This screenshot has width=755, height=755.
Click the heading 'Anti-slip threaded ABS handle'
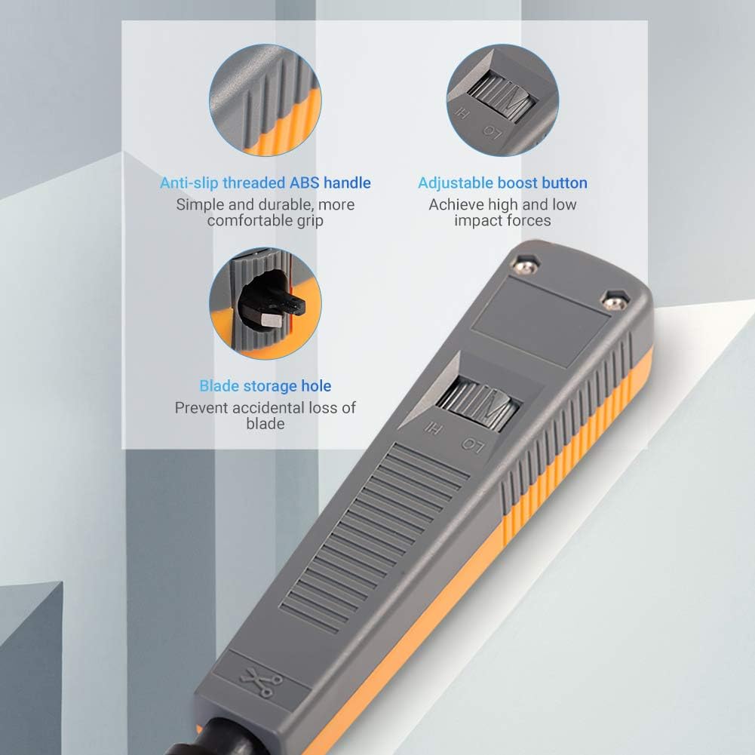click(x=265, y=183)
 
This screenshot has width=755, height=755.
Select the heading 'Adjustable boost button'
click(x=502, y=183)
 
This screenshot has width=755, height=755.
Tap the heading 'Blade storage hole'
click(x=265, y=386)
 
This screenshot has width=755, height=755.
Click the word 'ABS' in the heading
click(x=304, y=183)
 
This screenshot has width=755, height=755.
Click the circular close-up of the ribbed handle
click(x=265, y=100)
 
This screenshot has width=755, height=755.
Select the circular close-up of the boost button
click(x=502, y=100)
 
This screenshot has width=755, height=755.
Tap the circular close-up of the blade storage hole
click(x=265, y=303)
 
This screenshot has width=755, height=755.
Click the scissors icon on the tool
click(x=260, y=681)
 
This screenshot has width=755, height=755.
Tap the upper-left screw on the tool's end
click(x=526, y=265)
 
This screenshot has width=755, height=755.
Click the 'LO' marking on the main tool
click(x=471, y=445)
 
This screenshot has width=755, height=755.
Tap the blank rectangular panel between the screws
click(x=540, y=322)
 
